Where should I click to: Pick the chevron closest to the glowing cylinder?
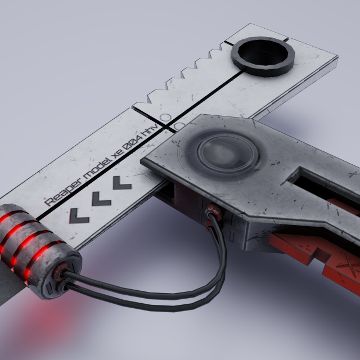79,215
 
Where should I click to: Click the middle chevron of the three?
101,198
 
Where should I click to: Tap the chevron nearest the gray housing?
122,183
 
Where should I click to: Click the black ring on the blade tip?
263,56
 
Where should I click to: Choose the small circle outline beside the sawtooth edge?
165,117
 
